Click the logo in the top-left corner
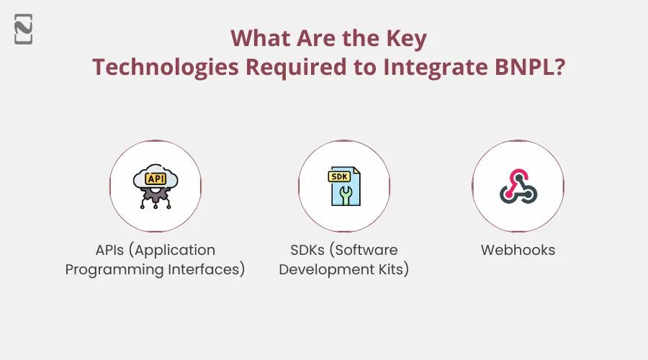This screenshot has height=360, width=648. click(23, 28)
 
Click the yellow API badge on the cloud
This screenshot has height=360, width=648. click(155, 177)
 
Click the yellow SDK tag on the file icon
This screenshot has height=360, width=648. click(338, 176)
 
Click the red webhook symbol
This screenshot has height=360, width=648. click(518, 186)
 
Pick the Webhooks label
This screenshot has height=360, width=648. click(518, 250)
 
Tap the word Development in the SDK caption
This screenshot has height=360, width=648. click(323, 270)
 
